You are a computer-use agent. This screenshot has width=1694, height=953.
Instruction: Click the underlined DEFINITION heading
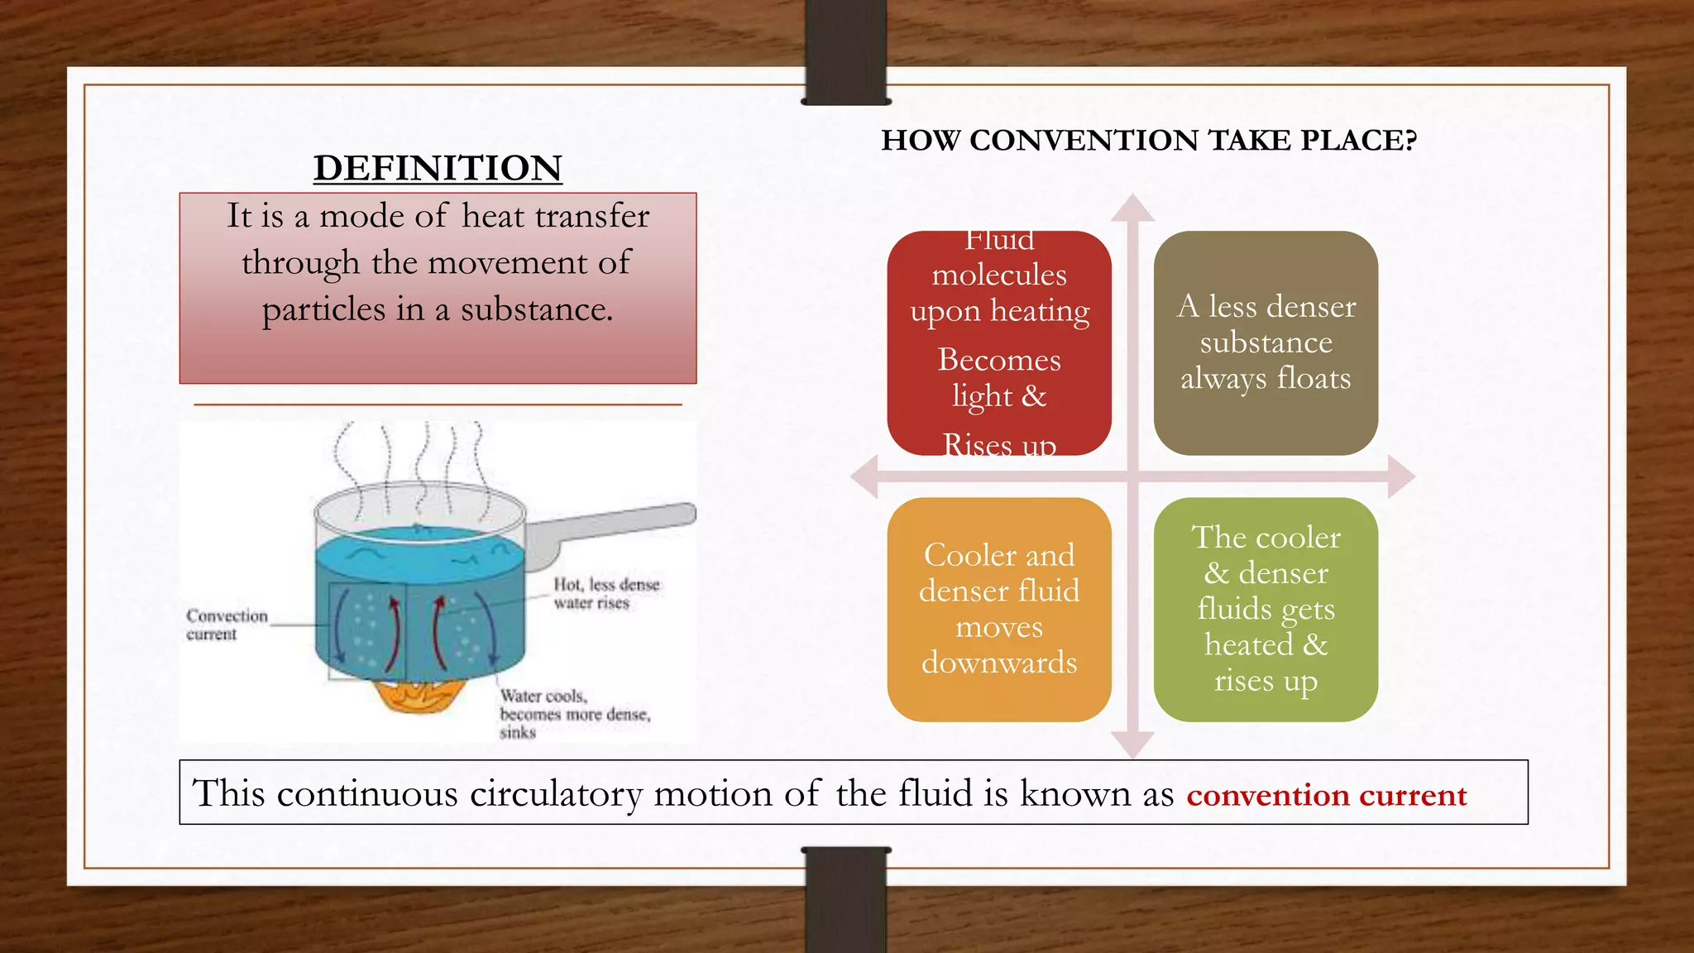(x=438, y=168)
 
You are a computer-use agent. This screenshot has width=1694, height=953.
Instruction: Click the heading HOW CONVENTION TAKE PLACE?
(x=1149, y=141)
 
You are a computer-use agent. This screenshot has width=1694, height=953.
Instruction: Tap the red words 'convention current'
(x=1326, y=795)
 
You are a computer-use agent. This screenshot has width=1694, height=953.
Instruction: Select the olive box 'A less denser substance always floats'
(x=1266, y=342)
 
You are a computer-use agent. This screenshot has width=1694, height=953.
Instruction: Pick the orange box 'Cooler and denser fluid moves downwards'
(x=999, y=609)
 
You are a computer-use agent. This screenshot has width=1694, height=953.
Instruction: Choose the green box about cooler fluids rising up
(x=1266, y=609)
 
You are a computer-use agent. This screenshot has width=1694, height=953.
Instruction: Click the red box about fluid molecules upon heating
(x=999, y=342)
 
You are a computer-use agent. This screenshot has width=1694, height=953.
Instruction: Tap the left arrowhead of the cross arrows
(x=865, y=476)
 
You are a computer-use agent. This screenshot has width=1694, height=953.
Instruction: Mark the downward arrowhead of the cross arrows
(x=1132, y=745)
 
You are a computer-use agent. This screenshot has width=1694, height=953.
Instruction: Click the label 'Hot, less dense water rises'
(x=606, y=593)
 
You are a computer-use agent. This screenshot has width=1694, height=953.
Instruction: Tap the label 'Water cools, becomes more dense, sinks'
(x=574, y=713)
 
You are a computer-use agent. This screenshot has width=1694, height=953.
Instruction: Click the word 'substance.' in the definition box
(x=537, y=309)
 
